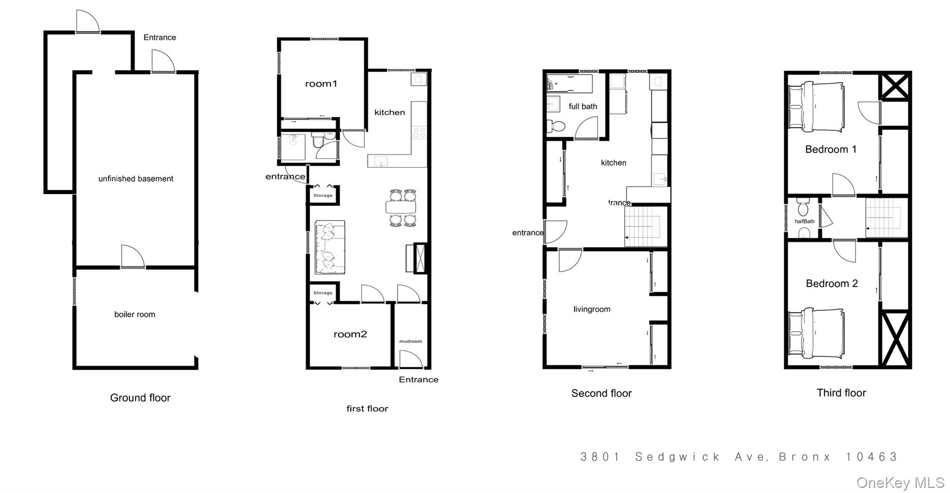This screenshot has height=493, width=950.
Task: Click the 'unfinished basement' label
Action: (135, 179)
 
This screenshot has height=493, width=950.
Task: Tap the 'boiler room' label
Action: (135, 314)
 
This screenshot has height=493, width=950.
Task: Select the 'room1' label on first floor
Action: (321, 84)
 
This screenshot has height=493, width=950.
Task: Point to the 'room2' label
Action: (350, 334)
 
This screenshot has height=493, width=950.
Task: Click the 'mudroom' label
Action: (411, 341)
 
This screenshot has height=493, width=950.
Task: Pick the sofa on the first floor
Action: (330, 247)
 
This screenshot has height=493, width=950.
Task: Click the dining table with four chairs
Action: (400, 207)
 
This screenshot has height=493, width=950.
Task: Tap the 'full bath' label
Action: (583, 107)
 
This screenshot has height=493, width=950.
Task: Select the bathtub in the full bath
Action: (570, 84)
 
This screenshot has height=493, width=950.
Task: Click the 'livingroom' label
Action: (591, 309)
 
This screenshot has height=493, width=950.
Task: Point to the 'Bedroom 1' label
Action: (830, 149)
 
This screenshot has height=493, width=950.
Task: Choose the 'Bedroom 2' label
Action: (832, 283)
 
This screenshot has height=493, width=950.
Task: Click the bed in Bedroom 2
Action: (816, 333)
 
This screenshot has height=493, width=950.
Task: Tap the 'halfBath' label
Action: (804, 221)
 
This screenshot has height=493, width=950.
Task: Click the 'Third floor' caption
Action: (841, 393)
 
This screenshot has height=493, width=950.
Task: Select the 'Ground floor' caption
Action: (140, 398)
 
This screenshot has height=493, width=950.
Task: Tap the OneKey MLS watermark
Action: (900, 483)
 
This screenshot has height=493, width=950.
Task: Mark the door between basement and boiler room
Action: (133, 258)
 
